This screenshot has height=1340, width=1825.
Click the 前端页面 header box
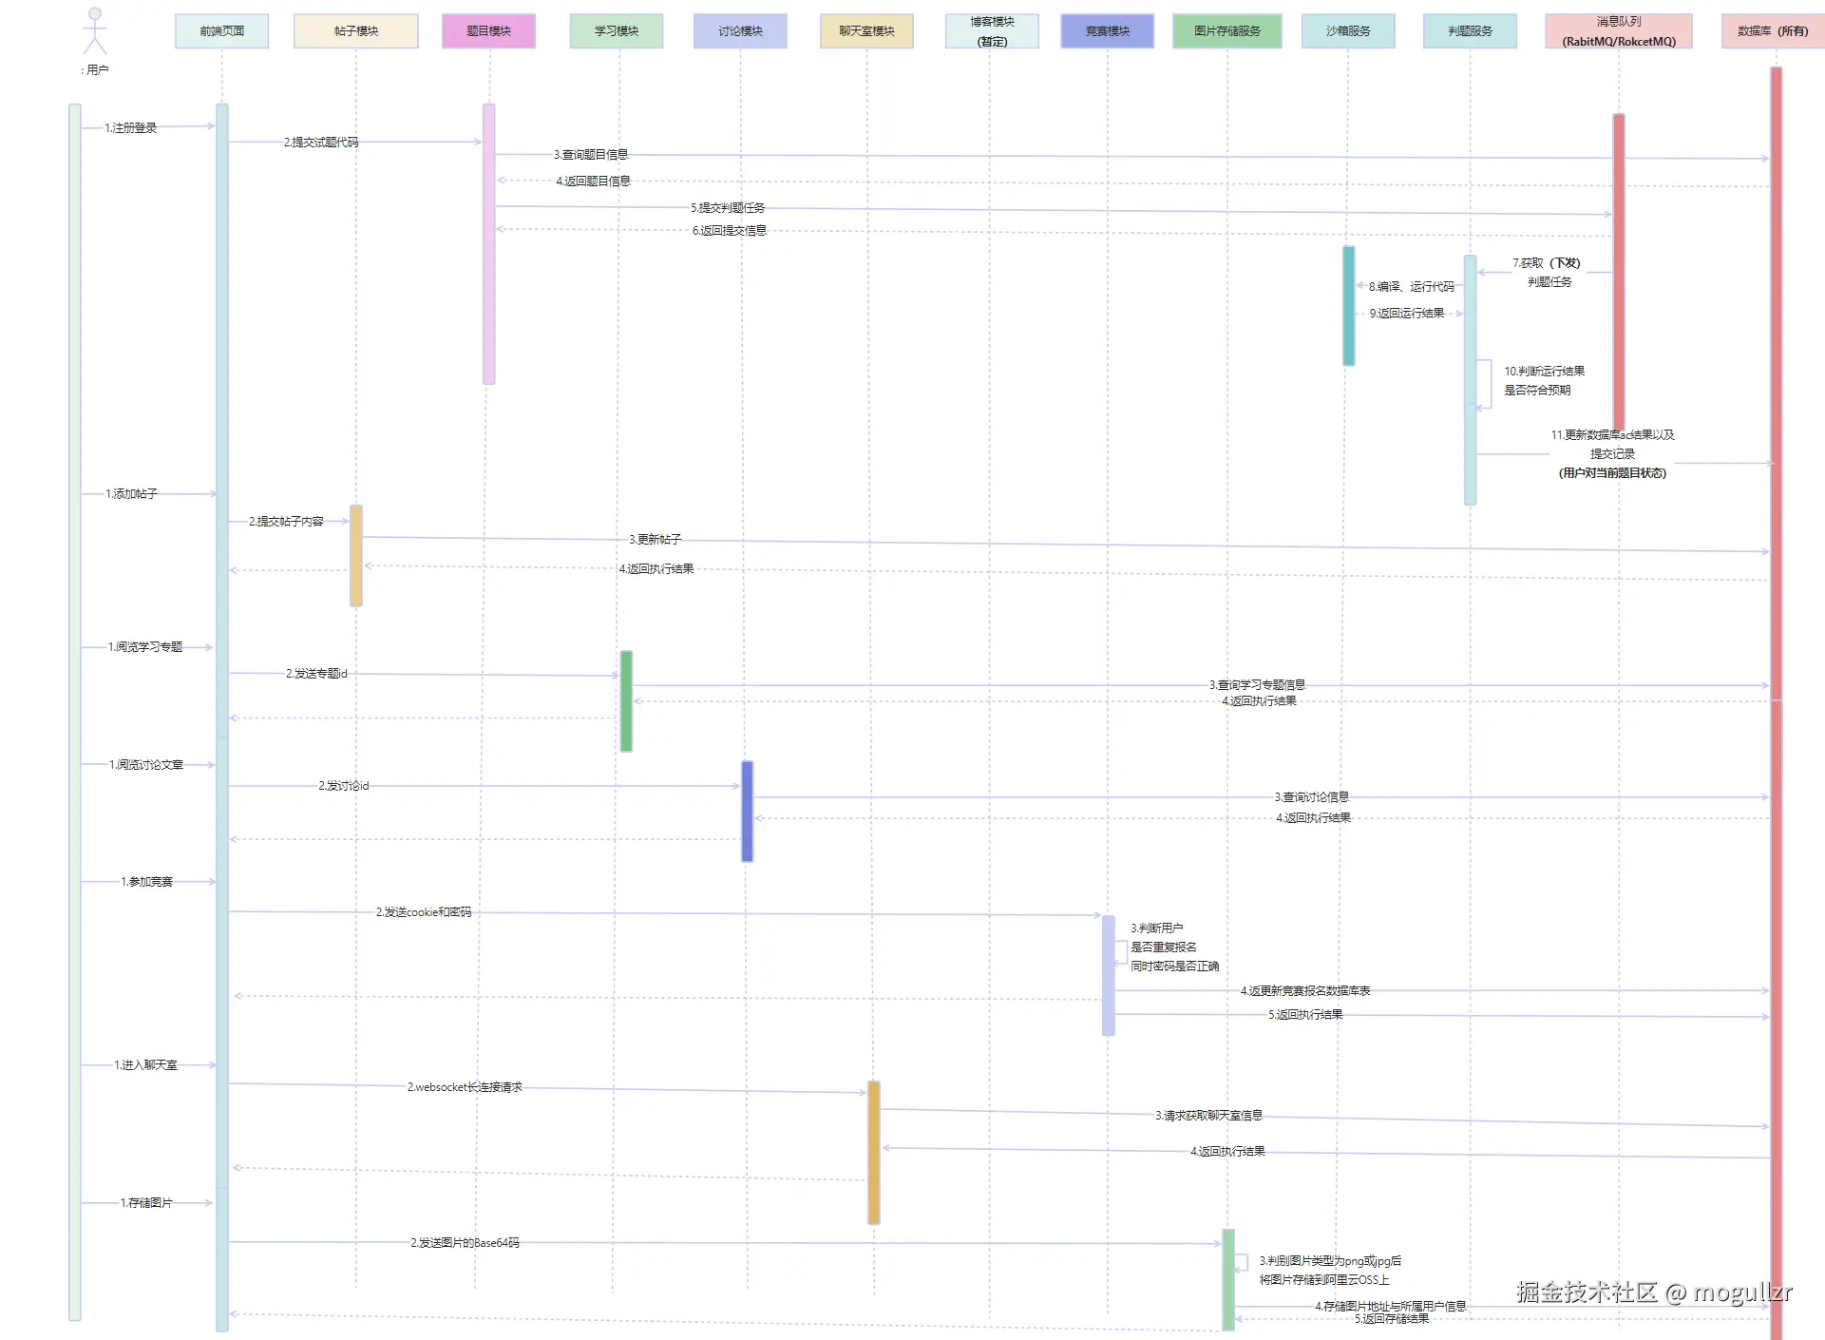(221, 31)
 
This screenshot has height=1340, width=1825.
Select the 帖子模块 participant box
(356, 31)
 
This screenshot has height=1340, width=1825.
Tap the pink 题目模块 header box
(488, 31)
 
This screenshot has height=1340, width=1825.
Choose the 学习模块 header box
(617, 31)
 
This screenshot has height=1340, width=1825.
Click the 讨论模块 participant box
(740, 31)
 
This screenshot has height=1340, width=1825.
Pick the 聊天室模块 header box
(866, 31)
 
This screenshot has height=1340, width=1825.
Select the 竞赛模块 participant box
(1107, 31)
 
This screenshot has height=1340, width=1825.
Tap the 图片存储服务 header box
(1226, 31)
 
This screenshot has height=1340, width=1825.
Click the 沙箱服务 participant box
(1348, 31)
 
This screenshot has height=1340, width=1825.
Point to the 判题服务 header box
(1470, 31)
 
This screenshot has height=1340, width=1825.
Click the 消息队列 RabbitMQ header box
(1618, 31)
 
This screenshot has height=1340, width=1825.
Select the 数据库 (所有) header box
(1772, 31)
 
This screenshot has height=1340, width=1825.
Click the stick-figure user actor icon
(94, 31)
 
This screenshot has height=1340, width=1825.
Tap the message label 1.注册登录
(131, 128)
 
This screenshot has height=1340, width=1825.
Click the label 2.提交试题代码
(321, 143)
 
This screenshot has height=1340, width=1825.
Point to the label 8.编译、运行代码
(1411, 287)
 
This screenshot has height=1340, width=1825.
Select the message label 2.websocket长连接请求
(465, 1087)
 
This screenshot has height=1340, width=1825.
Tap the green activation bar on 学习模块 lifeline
(626, 701)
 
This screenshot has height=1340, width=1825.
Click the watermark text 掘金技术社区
(1587, 1292)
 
